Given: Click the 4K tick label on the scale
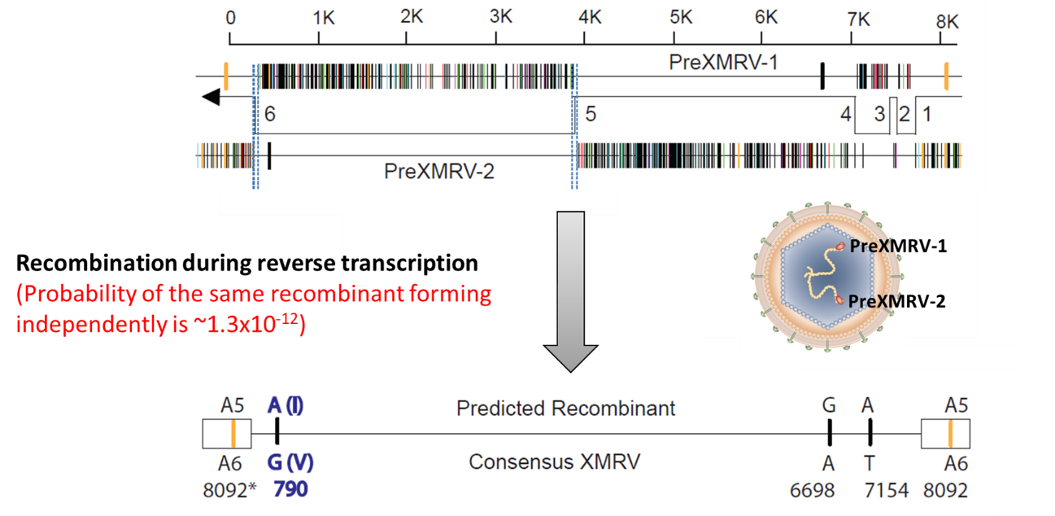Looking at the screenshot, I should pos(590,18).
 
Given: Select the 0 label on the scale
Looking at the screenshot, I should pos(230,18).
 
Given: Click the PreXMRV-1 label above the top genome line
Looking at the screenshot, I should pos(722,63).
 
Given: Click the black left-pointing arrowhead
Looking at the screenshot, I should pos(211,98).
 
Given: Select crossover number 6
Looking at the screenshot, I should pos(269,114).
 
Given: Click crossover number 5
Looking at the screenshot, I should pos(590,114).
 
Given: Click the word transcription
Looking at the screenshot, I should pos(410,263).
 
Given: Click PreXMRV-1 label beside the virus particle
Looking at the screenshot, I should pos(897,246).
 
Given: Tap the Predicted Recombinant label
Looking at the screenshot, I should pos(565,408).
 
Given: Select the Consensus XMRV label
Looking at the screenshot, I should pos(554,462).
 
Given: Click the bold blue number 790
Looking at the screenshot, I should pos(291,490).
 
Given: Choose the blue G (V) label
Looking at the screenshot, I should pos(290,463).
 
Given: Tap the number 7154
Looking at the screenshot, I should pos(884,490).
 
